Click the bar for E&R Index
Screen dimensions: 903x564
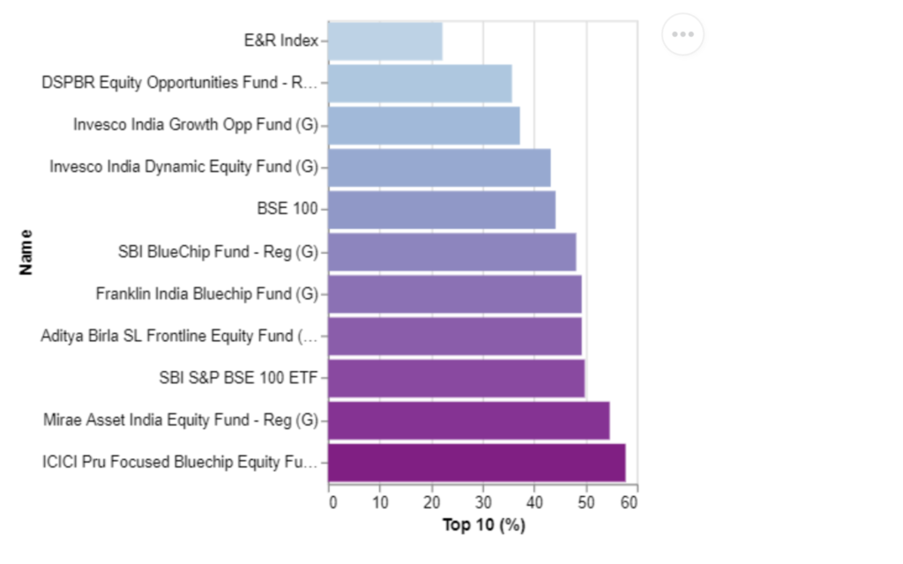click(385, 41)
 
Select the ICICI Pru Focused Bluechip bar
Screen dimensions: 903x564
click(477, 463)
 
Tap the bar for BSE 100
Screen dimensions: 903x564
click(442, 210)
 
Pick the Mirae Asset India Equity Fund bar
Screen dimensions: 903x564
click(469, 420)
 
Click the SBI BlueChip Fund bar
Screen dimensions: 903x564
click(452, 252)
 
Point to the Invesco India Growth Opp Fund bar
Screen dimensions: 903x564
click(424, 125)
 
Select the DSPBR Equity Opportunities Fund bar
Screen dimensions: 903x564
click(420, 84)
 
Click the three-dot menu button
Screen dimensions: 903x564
click(683, 34)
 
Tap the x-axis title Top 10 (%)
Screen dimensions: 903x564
click(484, 525)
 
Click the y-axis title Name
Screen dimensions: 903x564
click(26, 252)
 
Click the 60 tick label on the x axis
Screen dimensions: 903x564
click(629, 502)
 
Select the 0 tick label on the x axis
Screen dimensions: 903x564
click(332, 502)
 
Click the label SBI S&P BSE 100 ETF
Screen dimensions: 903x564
click(238, 378)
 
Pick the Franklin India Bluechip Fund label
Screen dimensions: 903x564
click(206, 294)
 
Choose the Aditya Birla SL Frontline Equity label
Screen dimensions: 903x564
click(179, 336)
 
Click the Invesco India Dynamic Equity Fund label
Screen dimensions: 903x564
click(183, 167)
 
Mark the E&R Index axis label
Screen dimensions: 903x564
click(281, 41)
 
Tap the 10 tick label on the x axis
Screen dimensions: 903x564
click(380, 502)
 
